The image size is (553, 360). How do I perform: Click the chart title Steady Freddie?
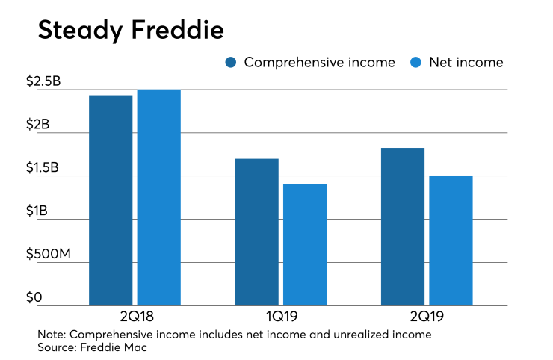pyautogui.click(x=130, y=31)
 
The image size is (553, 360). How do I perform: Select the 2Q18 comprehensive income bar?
pyautogui.click(x=111, y=200)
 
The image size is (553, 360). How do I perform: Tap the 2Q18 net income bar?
pyautogui.click(x=158, y=197)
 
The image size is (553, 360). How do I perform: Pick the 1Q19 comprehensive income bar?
pyautogui.click(x=256, y=232)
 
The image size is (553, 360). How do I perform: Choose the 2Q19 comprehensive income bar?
pyautogui.click(x=403, y=227)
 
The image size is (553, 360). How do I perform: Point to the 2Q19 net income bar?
pyautogui.click(x=451, y=240)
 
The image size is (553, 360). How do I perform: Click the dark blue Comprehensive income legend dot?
pyautogui.click(x=231, y=63)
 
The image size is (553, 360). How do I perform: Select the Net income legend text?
pyautogui.click(x=466, y=63)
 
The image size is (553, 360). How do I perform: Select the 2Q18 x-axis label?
pyautogui.click(x=135, y=315)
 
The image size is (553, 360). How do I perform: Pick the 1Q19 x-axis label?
pyautogui.click(x=280, y=315)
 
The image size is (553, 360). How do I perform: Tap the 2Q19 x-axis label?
pyautogui.click(x=427, y=315)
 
